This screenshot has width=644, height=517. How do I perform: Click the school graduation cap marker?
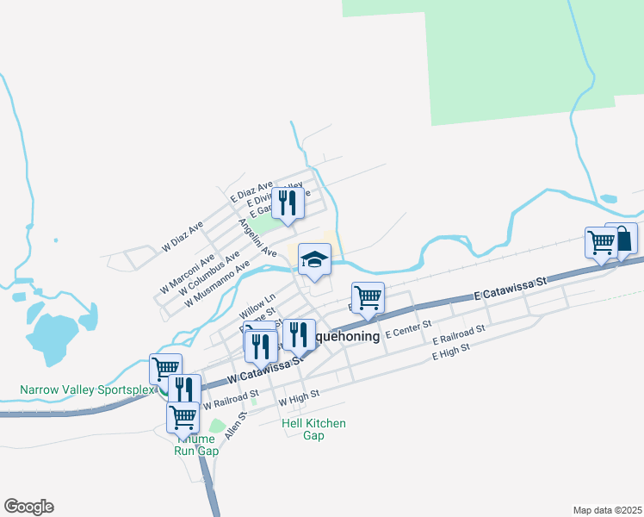click(315, 259)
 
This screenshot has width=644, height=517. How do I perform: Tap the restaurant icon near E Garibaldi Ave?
click(288, 203)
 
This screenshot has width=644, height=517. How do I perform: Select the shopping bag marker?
click(622, 239)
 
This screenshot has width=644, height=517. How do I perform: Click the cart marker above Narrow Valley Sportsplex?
click(165, 370)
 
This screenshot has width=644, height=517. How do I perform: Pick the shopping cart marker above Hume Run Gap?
click(183, 418)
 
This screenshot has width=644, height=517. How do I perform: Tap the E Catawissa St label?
click(511, 289)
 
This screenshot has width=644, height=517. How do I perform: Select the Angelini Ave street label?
click(257, 238)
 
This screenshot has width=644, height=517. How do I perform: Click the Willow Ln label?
click(257, 302)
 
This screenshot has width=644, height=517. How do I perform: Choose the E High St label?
click(451, 352)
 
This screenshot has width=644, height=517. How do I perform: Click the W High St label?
click(299, 398)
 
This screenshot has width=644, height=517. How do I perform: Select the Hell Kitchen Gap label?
click(313, 429)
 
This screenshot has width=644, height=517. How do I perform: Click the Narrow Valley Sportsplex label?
click(84, 390)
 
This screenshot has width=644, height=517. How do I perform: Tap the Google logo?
click(28, 507)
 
